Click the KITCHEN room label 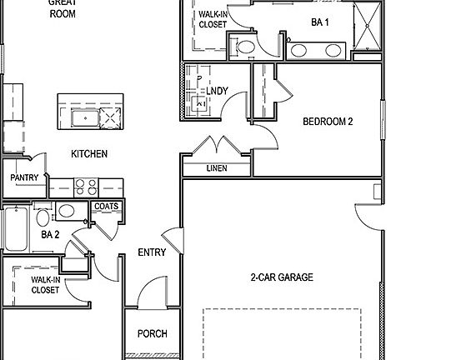[x=88, y=154]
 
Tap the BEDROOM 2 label [x=328, y=122]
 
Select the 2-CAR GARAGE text [x=282, y=277]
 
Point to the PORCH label [x=152, y=334]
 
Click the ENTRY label [x=151, y=253]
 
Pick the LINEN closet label [x=216, y=169]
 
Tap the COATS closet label [x=106, y=206]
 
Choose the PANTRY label [x=25, y=178]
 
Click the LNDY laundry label [x=218, y=91]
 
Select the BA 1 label [x=320, y=22]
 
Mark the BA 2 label [x=50, y=235]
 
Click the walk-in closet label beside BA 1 [x=213, y=20]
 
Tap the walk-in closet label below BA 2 [x=45, y=285]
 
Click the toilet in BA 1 [x=247, y=47]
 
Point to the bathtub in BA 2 [x=18, y=222]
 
